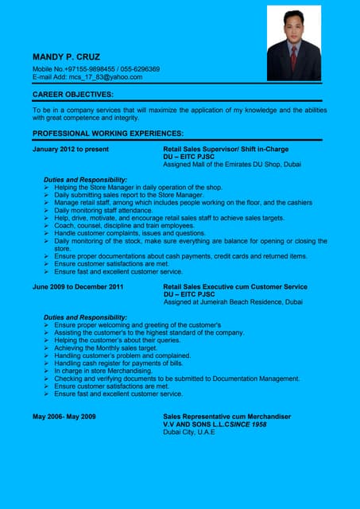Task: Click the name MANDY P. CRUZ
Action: click(x=66, y=57)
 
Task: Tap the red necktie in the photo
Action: click(x=293, y=58)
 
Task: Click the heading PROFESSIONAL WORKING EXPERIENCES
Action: click(x=108, y=133)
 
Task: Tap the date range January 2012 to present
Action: click(x=71, y=149)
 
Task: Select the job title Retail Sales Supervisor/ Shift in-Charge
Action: click(x=225, y=149)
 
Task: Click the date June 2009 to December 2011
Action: click(x=78, y=286)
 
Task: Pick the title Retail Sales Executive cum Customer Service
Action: click(x=234, y=286)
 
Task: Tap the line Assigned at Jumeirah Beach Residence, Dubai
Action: click(x=232, y=302)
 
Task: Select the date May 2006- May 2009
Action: click(x=64, y=417)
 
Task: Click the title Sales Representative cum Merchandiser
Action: click(x=226, y=417)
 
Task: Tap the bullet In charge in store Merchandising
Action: click(x=103, y=371)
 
